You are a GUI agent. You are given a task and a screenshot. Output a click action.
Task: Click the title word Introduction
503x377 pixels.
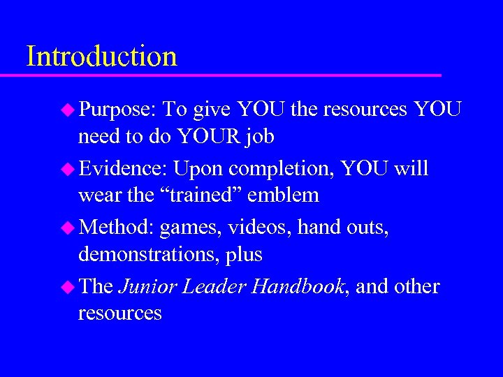(101, 56)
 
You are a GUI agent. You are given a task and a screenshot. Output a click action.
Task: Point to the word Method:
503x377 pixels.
(117, 228)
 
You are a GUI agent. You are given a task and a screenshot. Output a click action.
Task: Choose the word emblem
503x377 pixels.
(288, 195)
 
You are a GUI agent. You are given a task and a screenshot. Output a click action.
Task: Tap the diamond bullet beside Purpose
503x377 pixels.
(68, 110)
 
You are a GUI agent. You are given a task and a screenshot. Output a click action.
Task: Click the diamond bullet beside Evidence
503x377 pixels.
(68, 169)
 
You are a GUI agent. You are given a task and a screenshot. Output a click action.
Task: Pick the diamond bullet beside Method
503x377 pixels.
(68, 228)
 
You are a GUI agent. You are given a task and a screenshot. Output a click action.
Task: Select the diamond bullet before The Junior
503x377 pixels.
(68, 287)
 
